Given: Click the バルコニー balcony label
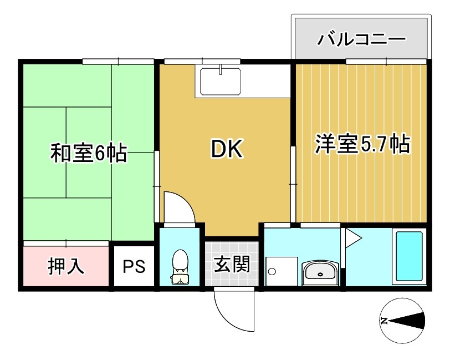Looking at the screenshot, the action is click(x=361, y=39).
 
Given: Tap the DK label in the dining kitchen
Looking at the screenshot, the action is click(x=227, y=149).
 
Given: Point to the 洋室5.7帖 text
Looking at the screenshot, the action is click(x=362, y=143).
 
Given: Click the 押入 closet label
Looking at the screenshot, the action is click(x=66, y=266).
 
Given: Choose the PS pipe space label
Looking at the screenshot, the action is click(x=134, y=266).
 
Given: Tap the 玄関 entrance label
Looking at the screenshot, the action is click(x=232, y=264).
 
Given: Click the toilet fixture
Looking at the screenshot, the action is click(x=180, y=267).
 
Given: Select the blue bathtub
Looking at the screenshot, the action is click(x=409, y=256).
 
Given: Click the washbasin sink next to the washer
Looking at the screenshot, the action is click(x=320, y=272).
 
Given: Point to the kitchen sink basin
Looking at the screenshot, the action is click(x=220, y=82).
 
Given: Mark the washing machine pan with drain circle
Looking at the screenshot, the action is click(x=282, y=271).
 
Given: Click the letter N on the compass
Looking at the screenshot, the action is click(x=384, y=321).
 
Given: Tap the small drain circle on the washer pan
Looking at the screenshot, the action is click(x=272, y=271).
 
